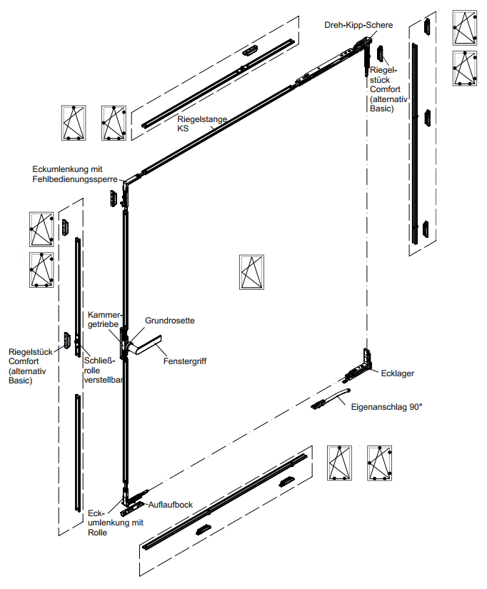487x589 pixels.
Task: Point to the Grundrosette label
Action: pyautogui.click(x=170, y=321)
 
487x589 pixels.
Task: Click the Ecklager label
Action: pyautogui.click(x=398, y=373)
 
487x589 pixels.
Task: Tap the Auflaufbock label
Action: pyautogui.click(x=170, y=505)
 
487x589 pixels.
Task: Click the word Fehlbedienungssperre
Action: pyautogui.click(x=74, y=178)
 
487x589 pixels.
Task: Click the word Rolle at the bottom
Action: pyautogui.click(x=99, y=533)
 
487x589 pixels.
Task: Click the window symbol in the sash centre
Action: pyautogui.click(x=251, y=272)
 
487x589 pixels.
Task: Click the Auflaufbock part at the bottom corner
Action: pyautogui.click(x=133, y=508)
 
